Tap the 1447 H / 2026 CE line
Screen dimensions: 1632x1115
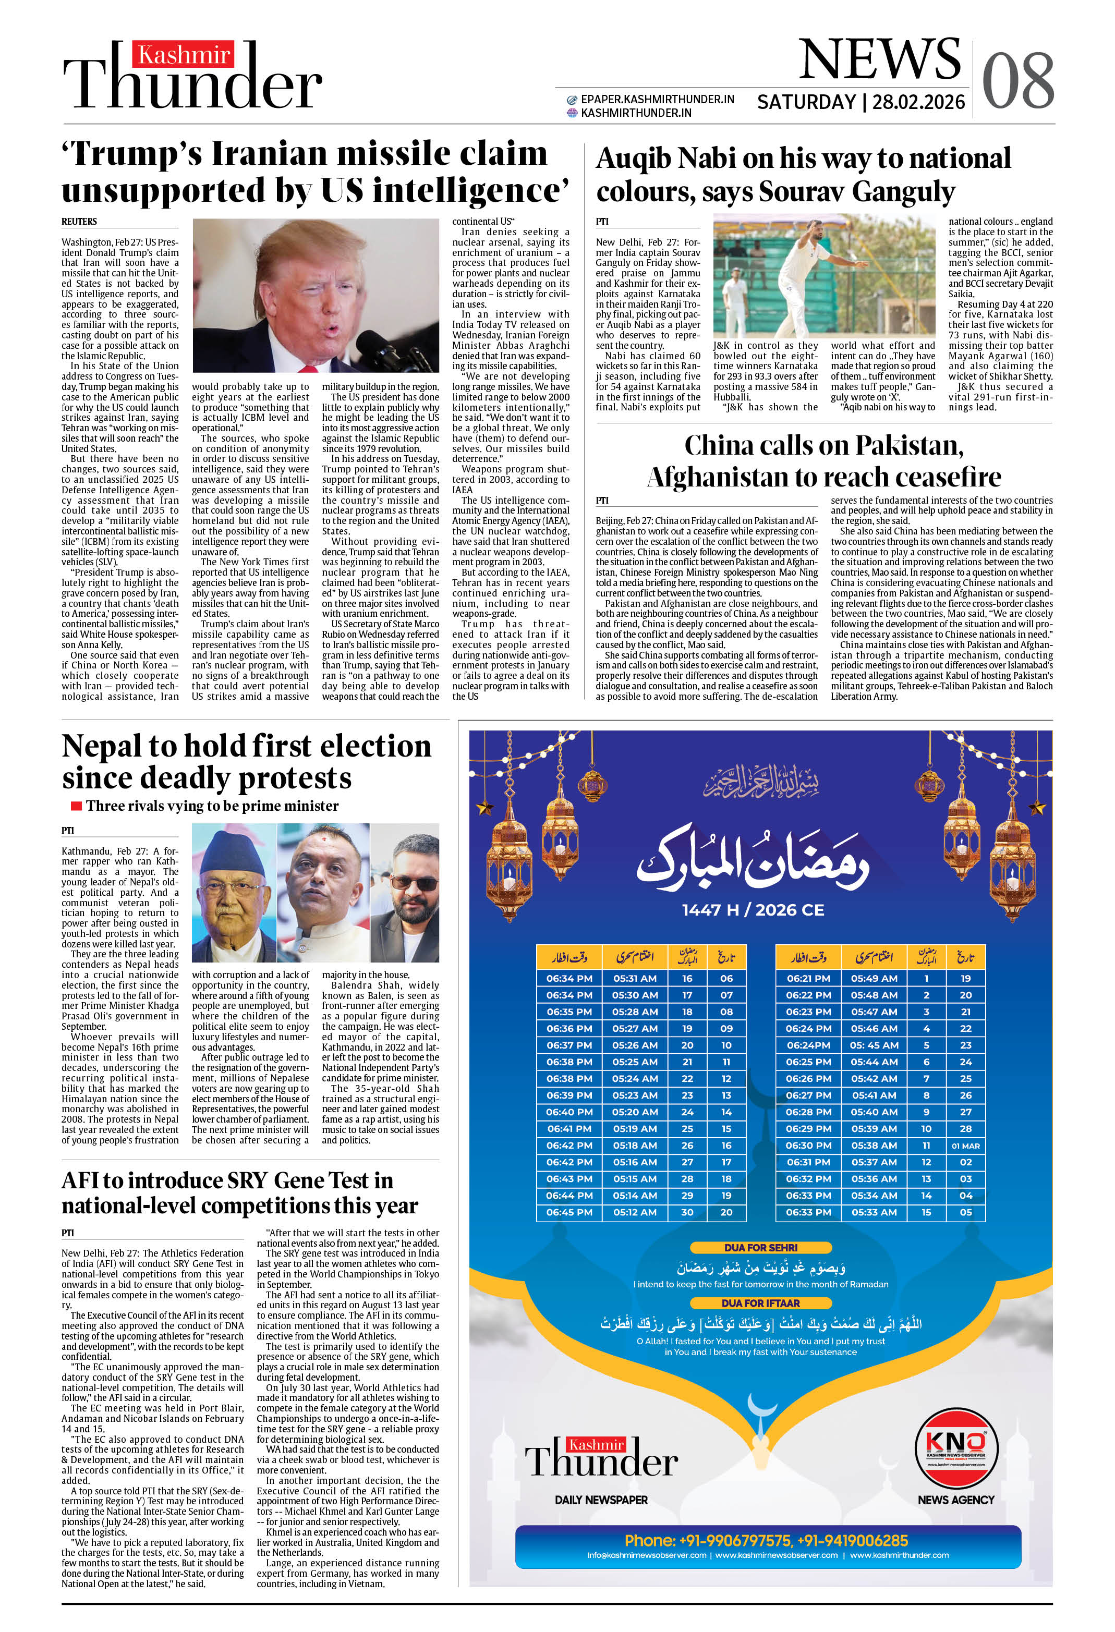coord(753,910)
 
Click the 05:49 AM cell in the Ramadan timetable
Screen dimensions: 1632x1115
coord(874,978)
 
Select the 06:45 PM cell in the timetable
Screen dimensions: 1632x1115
coord(568,1212)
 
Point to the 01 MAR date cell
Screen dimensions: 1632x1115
coord(965,1146)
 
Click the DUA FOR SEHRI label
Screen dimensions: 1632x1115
coord(761,1248)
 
